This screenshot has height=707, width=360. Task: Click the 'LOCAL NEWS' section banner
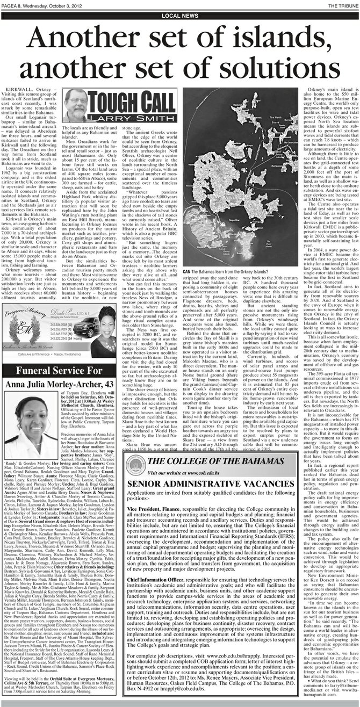[180, 17]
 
